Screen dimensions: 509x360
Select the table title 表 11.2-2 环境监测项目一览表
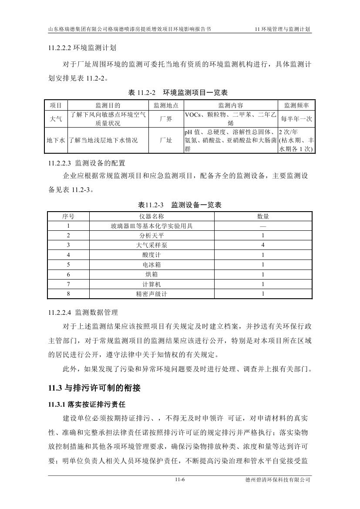pos(178,93)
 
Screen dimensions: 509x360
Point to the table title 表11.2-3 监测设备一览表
pos(179,205)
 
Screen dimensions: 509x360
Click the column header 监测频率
pos(296,105)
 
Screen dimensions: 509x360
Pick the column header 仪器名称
pos(151,216)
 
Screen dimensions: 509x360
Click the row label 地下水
pos(56,140)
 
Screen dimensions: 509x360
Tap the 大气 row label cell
pos(56,118)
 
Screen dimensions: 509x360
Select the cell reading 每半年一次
pos(296,118)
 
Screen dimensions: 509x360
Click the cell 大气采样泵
pos(151,245)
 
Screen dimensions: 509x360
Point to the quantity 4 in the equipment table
pos(263,245)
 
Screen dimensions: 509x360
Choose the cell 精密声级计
pos(151,294)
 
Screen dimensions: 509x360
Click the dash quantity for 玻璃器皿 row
pos(263,226)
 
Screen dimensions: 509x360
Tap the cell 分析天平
pos(151,236)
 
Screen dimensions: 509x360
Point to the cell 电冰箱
pos(151,265)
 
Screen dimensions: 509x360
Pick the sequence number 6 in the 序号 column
pos(68,274)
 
